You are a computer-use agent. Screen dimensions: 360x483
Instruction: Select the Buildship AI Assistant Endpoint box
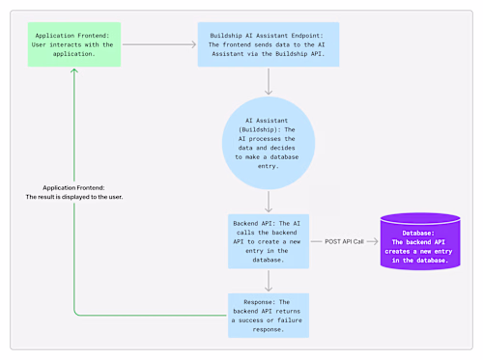[268, 44]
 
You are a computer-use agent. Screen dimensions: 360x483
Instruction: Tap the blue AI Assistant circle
[268, 146]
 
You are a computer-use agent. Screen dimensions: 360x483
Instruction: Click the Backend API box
[268, 240]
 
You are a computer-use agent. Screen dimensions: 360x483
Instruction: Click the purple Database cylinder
[420, 240]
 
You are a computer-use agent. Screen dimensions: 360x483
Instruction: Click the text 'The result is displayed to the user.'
[74, 197]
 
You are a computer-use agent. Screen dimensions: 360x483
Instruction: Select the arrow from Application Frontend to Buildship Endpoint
[160, 44]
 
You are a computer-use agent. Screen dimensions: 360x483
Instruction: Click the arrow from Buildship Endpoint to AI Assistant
[268, 84]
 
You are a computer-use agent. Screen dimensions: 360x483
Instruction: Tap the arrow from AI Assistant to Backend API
[268, 201]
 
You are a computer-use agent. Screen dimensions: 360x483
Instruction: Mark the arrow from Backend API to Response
[268, 280]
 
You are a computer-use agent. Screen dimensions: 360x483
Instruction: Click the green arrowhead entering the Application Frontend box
[74, 72]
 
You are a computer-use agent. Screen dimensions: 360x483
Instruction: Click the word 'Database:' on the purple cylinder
[419, 233]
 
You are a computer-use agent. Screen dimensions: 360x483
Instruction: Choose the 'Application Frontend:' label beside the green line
[74, 187]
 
